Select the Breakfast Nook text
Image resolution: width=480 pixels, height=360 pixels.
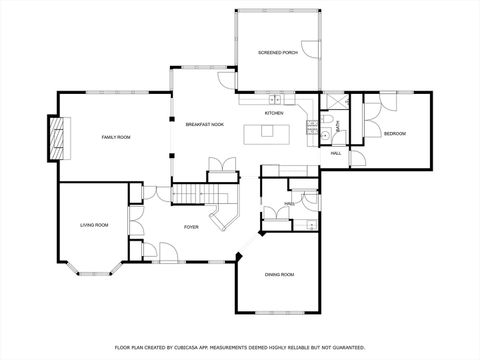[204, 124]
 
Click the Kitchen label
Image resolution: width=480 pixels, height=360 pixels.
[274, 113]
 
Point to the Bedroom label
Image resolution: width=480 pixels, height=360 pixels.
[394, 133]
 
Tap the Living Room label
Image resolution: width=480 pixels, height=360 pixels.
[94, 226]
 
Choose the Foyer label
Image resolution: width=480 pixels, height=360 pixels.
[191, 227]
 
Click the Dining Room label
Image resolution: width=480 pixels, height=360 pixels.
[279, 274]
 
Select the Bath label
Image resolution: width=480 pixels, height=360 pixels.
[337, 125]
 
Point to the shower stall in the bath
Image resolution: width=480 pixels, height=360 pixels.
[332, 101]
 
